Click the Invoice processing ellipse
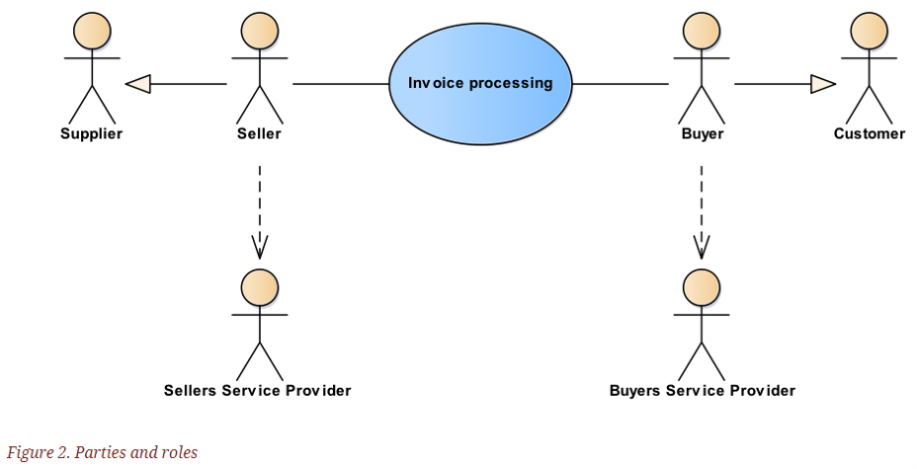point(480,83)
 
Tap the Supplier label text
point(92,133)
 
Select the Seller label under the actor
point(259,133)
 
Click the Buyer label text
point(703,133)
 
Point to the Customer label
point(870,133)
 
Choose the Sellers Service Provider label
point(257,390)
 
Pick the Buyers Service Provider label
point(703,390)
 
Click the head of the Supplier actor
point(92,31)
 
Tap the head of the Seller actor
point(260,31)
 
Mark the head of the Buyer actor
point(702,31)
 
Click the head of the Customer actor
point(869,31)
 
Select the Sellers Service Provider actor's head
point(260,287)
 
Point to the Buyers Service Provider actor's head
point(702,287)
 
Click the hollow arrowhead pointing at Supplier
point(138,84)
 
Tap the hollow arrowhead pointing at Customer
point(823,84)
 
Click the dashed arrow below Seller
point(260,212)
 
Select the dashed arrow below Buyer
point(702,212)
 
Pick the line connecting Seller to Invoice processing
point(341,84)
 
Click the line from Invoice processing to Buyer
point(621,84)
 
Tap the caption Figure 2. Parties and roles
point(103,452)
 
